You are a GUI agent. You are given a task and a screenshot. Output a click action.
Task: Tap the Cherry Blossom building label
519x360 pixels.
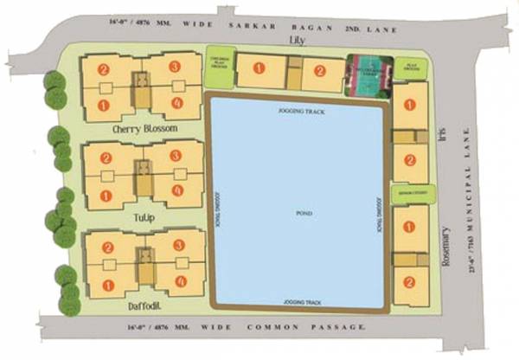tap(145, 128)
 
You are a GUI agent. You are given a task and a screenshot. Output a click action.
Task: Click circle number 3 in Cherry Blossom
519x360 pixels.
tap(175, 67)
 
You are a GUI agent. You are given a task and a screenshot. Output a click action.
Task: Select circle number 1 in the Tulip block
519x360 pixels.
tap(104, 195)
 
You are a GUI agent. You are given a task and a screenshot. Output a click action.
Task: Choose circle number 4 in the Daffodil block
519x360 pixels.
tap(180, 281)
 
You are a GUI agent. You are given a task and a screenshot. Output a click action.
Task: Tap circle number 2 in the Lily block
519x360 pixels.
tap(319, 71)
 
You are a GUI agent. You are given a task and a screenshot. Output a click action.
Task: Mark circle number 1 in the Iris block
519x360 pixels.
tap(409, 104)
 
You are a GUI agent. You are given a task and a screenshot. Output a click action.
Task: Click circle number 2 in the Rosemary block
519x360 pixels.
tap(408, 281)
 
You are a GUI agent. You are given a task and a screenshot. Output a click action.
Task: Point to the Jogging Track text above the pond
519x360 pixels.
tap(299, 112)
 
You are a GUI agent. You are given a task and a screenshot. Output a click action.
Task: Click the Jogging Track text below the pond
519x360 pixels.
tap(299, 302)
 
